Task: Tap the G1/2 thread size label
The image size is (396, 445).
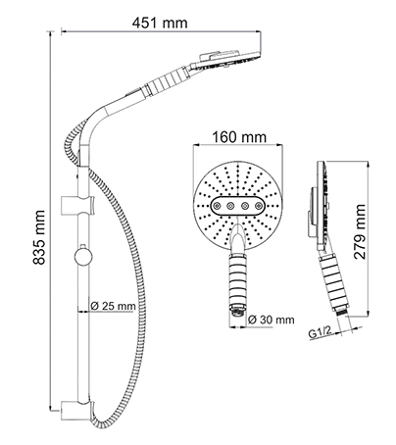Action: (320, 334)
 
